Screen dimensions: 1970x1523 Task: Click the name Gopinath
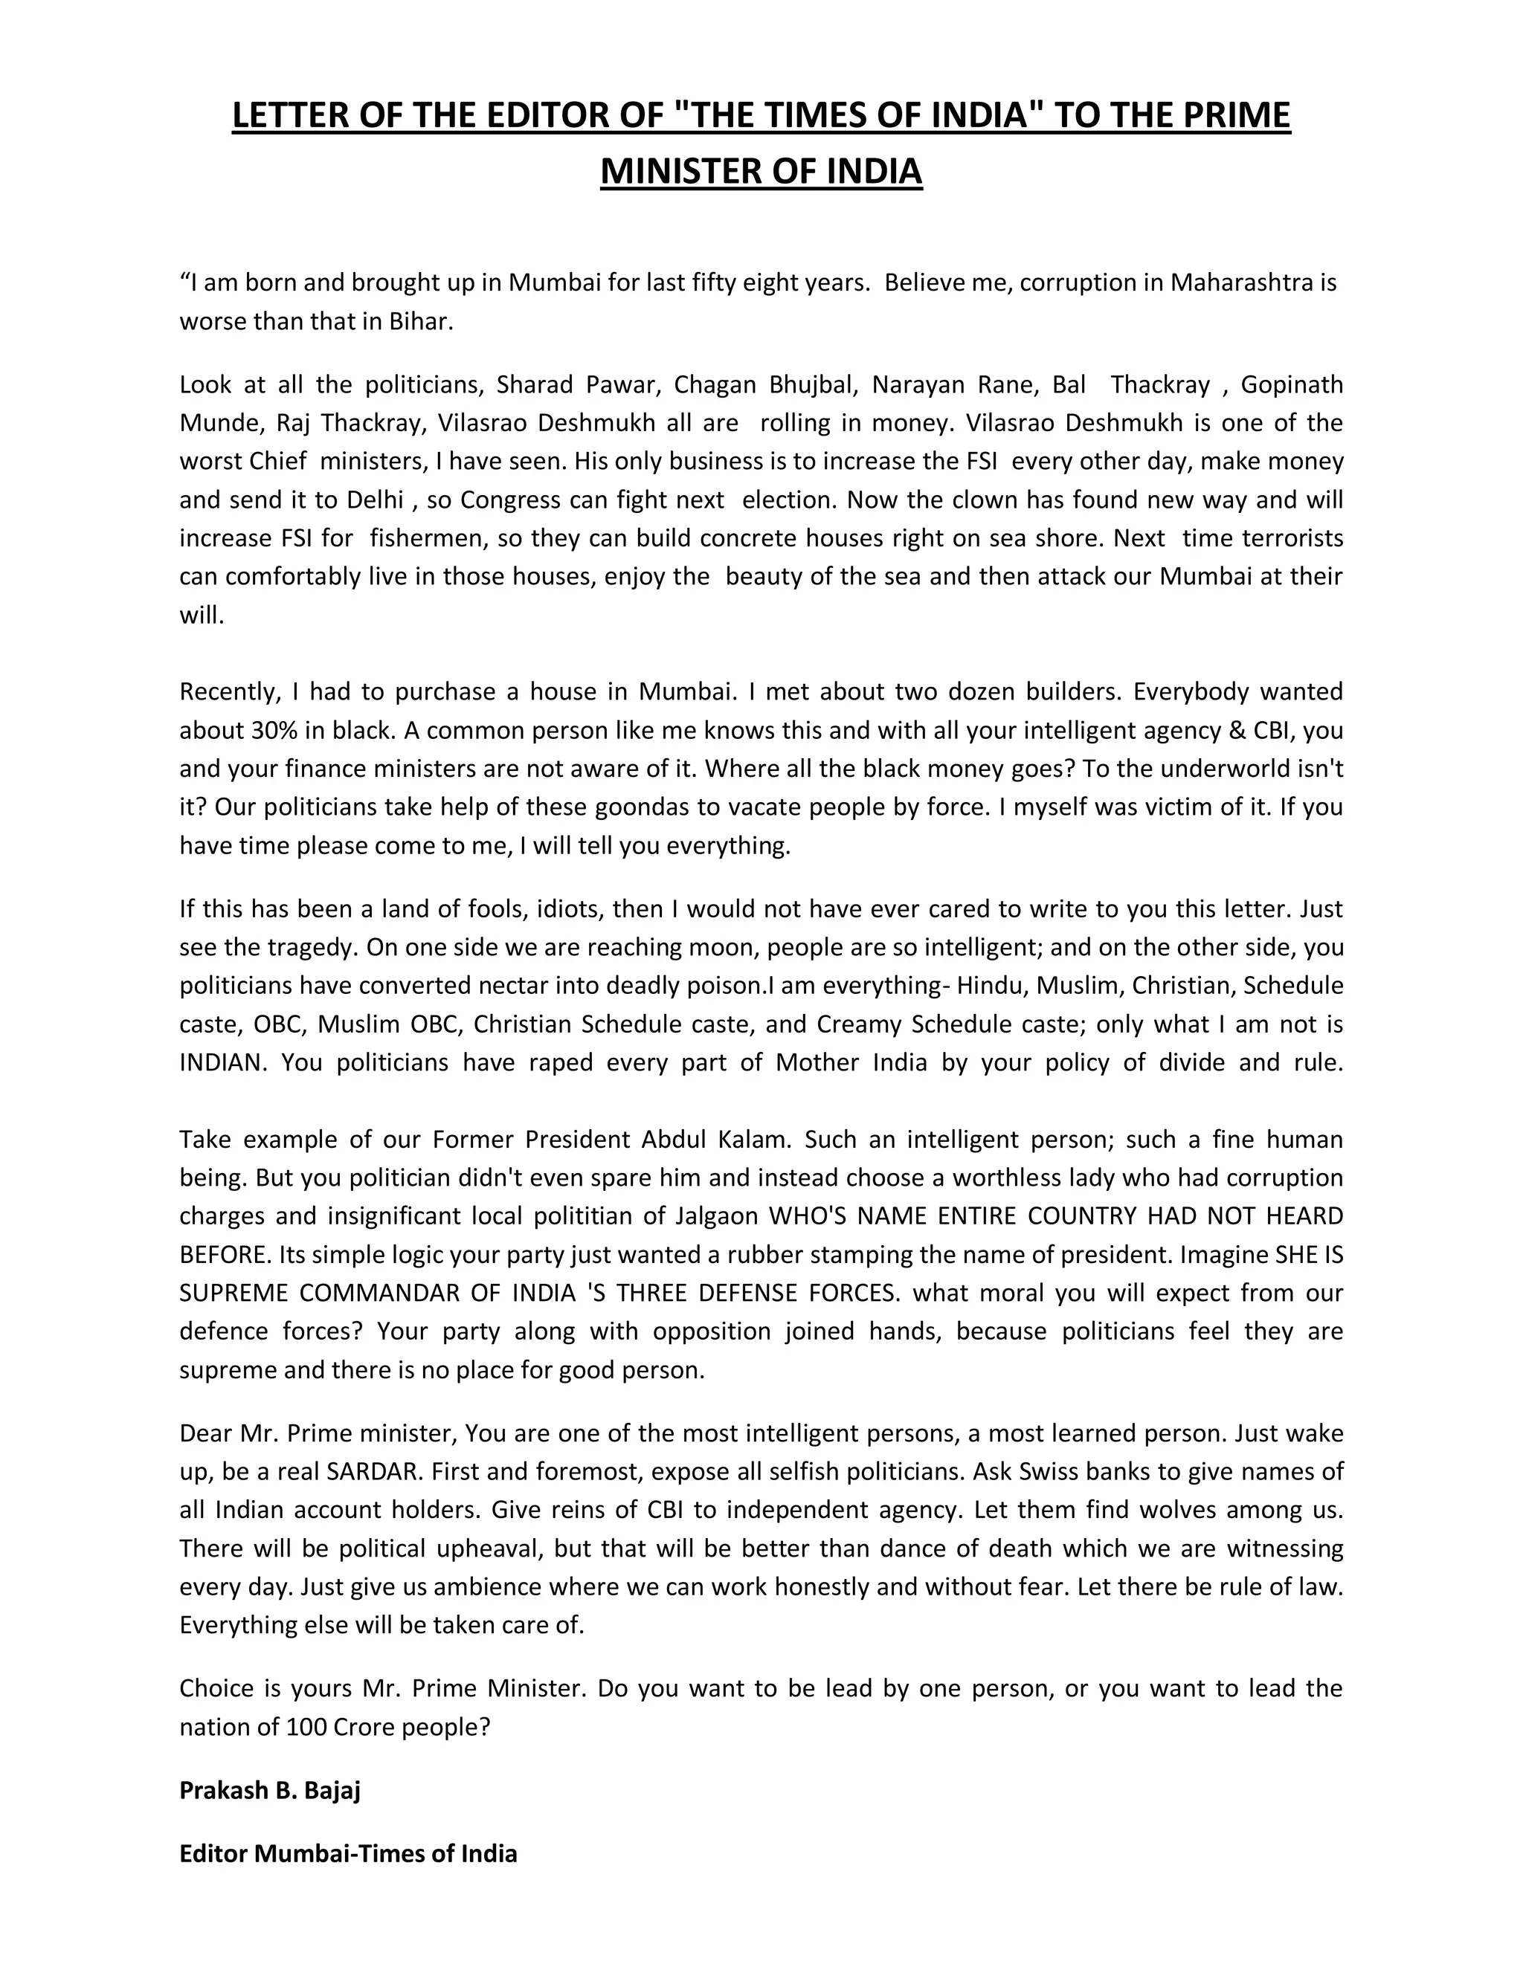pyautogui.click(x=1292, y=384)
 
